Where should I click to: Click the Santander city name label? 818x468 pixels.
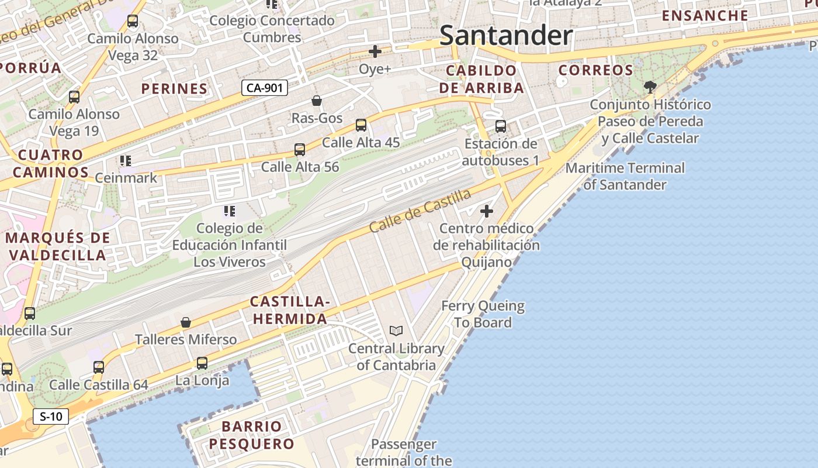(506, 36)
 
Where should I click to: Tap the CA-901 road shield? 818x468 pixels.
(265, 88)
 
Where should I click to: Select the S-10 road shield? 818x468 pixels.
(51, 417)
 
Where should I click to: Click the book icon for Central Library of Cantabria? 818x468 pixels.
(396, 331)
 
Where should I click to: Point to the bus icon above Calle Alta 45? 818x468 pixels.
(361, 125)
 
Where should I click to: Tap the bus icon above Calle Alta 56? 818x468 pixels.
(300, 150)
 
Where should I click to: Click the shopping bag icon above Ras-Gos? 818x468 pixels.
(317, 101)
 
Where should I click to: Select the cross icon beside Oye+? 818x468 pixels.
(375, 51)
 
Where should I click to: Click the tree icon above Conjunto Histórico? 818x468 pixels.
(650, 88)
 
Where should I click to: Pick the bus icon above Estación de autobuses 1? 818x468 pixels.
(501, 126)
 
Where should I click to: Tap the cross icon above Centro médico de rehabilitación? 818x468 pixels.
(486, 211)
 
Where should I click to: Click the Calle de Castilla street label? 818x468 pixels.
(420, 210)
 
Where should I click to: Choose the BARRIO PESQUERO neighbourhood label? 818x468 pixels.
(252, 435)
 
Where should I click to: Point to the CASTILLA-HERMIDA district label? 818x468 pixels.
(290, 311)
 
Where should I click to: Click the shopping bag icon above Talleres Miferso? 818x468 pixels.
(186, 322)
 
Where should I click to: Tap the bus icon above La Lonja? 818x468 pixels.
(202, 363)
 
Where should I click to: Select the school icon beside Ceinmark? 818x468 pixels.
(126, 160)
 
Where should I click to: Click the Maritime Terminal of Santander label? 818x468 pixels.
(625, 176)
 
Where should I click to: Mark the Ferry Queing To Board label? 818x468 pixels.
(483, 314)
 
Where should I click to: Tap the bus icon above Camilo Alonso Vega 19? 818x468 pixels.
(74, 97)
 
